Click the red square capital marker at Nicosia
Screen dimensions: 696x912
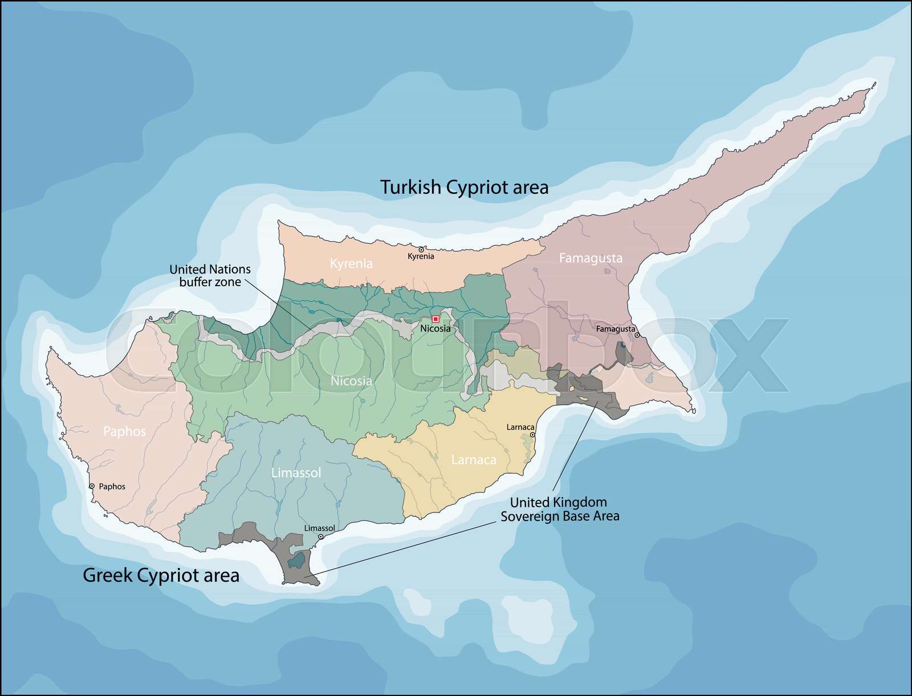point(435,319)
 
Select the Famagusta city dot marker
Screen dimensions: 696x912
point(637,335)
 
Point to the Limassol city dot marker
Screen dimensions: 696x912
point(321,536)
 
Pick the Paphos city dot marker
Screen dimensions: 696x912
point(92,486)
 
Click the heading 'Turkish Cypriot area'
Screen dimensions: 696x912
point(464,187)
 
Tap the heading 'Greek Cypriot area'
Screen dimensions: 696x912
point(161,575)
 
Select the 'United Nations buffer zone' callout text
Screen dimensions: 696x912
point(210,275)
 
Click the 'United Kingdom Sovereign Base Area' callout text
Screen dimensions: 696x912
point(559,509)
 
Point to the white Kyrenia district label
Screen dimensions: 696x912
point(351,263)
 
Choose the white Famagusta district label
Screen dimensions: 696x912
point(591,258)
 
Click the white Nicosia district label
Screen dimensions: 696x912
point(351,381)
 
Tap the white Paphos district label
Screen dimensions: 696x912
point(124,432)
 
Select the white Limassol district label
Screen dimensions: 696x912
point(296,473)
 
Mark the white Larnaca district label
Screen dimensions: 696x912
point(473,459)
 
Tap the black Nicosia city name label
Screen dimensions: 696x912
point(435,329)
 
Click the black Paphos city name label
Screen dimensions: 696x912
point(112,486)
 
